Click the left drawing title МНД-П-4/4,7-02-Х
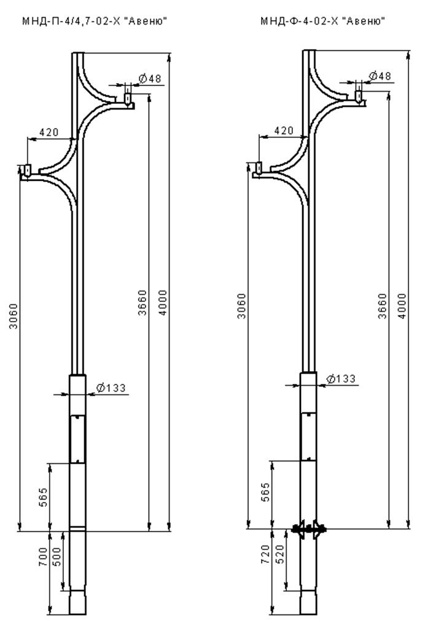[x=71, y=21]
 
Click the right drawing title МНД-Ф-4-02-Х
[x=300, y=20]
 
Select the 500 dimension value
[x=57, y=557]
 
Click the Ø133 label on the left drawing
[x=111, y=388]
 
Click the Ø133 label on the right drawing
[x=341, y=378]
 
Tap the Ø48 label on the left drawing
[x=150, y=79]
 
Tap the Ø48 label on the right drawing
[x=380, y=75]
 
